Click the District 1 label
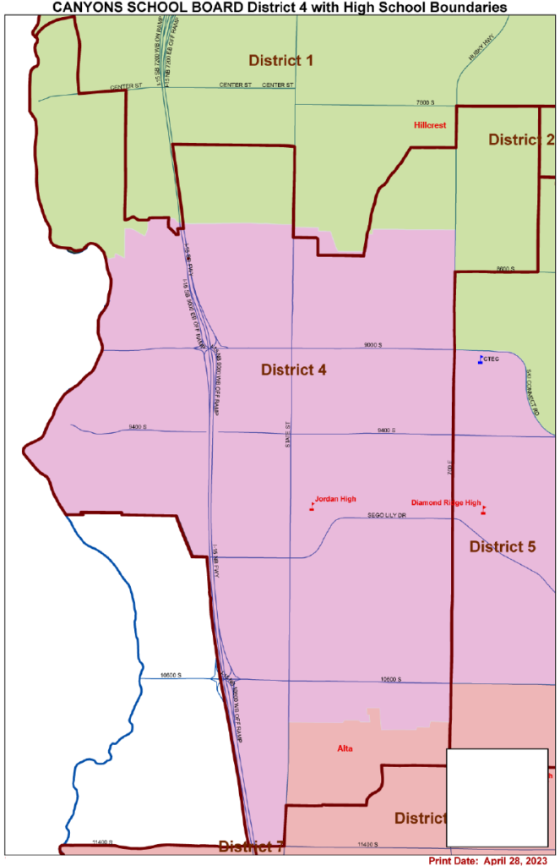[280, 60]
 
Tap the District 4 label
[293, 370]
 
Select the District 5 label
[503, 546]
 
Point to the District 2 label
[520, 140]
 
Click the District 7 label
[251, 846]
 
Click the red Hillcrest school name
[429, 124]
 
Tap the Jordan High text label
[335, 499]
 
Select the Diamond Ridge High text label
[445, 502]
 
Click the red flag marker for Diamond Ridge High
[483, 509]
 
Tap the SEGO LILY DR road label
[387, 515]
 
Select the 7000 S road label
[424, 101]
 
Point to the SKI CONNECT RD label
[530, 386]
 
